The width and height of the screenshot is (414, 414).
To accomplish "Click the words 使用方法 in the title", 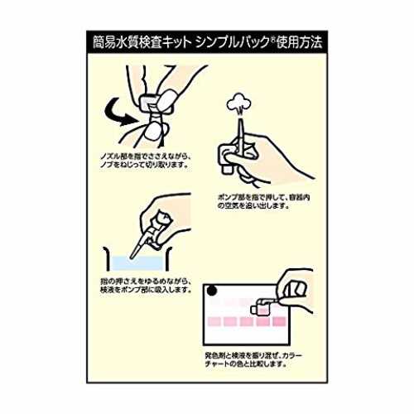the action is click(300, 43).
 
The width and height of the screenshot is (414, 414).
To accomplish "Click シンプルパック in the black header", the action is click(232, 43).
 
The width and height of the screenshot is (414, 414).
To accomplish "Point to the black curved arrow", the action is click(118, 114).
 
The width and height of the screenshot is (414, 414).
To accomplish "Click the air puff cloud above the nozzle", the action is click(238, 103).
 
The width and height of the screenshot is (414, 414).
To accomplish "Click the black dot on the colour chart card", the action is click(212, 291).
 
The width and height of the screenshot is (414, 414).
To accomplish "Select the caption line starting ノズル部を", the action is click(146, 157).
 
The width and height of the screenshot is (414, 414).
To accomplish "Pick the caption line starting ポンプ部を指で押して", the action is click(263, 198).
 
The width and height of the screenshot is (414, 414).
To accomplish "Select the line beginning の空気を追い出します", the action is click(253, 205).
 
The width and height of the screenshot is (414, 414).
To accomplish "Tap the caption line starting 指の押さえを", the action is click(146, 282).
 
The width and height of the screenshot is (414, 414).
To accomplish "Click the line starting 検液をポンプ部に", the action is click(146, 290).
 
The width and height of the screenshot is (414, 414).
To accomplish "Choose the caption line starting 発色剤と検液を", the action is click(253, 355).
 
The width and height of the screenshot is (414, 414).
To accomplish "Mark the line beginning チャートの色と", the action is click(245, 363).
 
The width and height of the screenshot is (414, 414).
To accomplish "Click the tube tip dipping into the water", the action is click(132, 257).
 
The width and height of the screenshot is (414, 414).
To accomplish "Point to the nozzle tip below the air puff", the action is click(240, 119).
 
